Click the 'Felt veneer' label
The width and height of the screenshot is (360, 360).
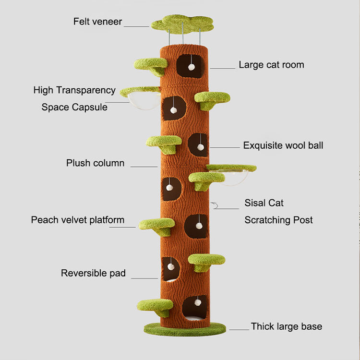point(97,22)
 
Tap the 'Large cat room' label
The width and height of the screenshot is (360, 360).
point(271,65)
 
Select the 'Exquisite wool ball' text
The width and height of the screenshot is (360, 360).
point(283,145)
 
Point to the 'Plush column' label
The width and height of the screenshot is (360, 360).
point(95,163)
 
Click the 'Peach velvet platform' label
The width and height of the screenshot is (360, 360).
point(78,220)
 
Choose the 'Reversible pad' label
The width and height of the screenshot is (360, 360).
point(93,274)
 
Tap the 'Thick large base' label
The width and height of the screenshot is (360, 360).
point(286,327)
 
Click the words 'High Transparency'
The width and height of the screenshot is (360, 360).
point(74,90)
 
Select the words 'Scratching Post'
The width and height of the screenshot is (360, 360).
point(278,220)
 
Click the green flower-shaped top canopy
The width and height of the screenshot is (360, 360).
point(182,23)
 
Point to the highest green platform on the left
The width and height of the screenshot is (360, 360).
point(150,65)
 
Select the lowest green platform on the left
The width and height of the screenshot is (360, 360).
point(155,305)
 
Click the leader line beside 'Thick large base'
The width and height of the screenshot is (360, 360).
point(239,329)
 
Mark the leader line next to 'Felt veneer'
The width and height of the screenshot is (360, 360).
point(137,26)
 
